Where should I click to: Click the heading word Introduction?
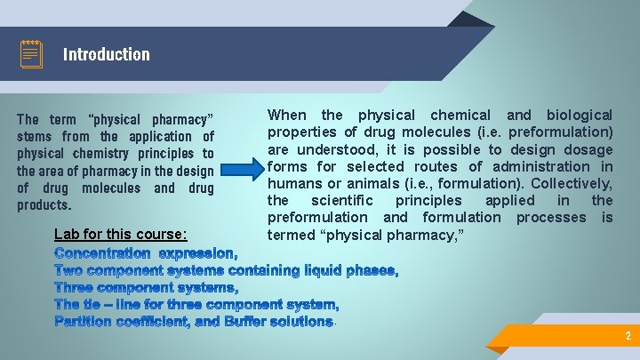click(x=106, y=54)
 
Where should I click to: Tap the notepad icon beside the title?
click(x=31, y=54)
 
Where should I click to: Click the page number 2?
click(x=628, y=336)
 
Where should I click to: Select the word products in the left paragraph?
click(x=44, y=205)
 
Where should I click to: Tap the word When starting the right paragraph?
click(x=286, y=115)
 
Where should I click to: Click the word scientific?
click(x=344, y=200)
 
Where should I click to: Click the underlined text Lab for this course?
click(x=121, y=235)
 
